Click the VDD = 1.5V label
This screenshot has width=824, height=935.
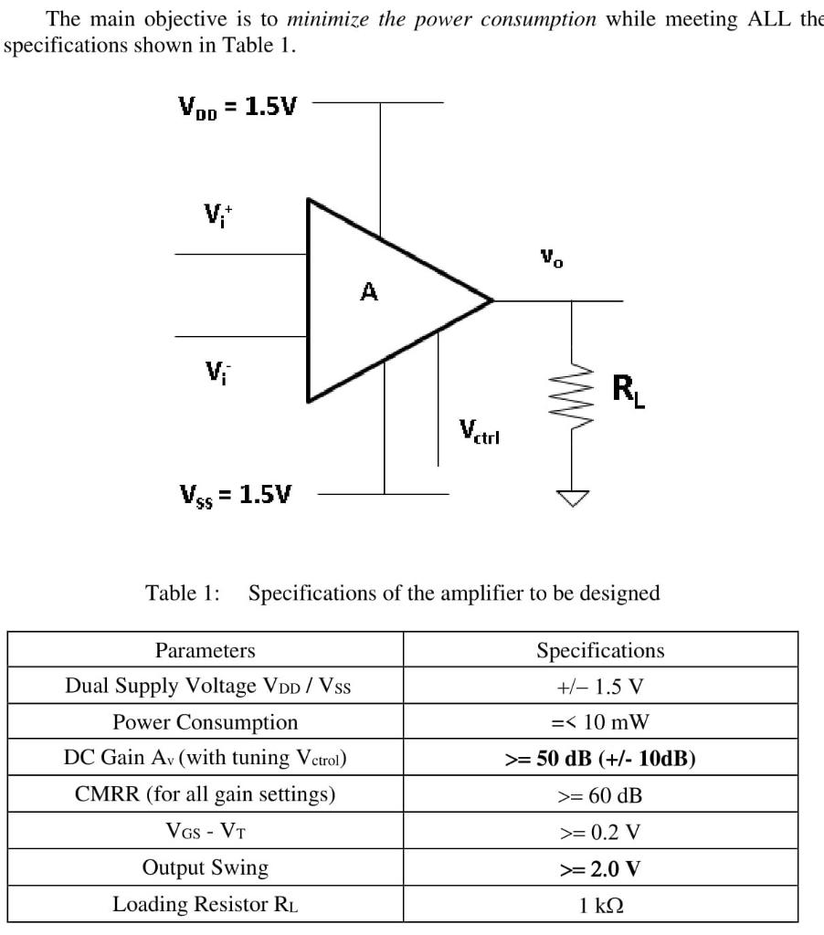[238, 107]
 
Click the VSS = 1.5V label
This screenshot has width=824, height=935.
[236, 495]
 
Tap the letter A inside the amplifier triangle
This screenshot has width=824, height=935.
[368, 292]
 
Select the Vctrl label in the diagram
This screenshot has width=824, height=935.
[480, 430]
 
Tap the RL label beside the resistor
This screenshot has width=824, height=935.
[628, 392]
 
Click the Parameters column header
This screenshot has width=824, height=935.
[206, 651]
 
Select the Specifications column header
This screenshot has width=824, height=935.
[600, 651]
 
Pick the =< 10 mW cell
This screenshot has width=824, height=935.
[600, 723]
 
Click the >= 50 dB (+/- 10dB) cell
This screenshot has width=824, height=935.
[600, 759]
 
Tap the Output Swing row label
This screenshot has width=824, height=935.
[206, 867]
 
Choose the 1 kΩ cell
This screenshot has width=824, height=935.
[600, 904]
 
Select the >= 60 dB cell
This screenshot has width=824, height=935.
[600, 795]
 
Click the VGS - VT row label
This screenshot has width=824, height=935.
[206, 832]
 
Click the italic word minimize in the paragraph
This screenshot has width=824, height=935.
[322, 18]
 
